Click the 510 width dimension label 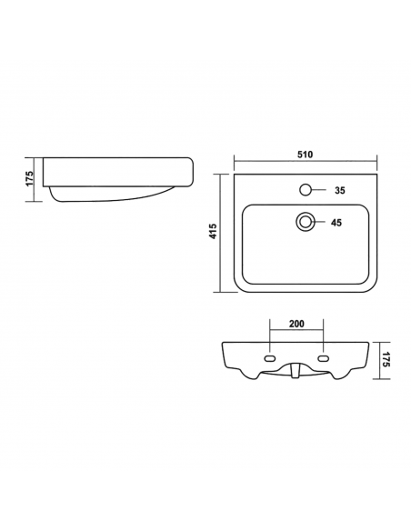click(305, 155)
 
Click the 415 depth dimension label click(214, 231)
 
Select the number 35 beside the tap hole click(340, 190)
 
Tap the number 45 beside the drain click(336, 223)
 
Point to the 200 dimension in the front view click(296, 324)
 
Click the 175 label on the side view click(30, 178)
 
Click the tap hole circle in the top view click(306, 190)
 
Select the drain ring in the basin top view click(306, 222)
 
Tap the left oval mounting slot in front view click(270, 358)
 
